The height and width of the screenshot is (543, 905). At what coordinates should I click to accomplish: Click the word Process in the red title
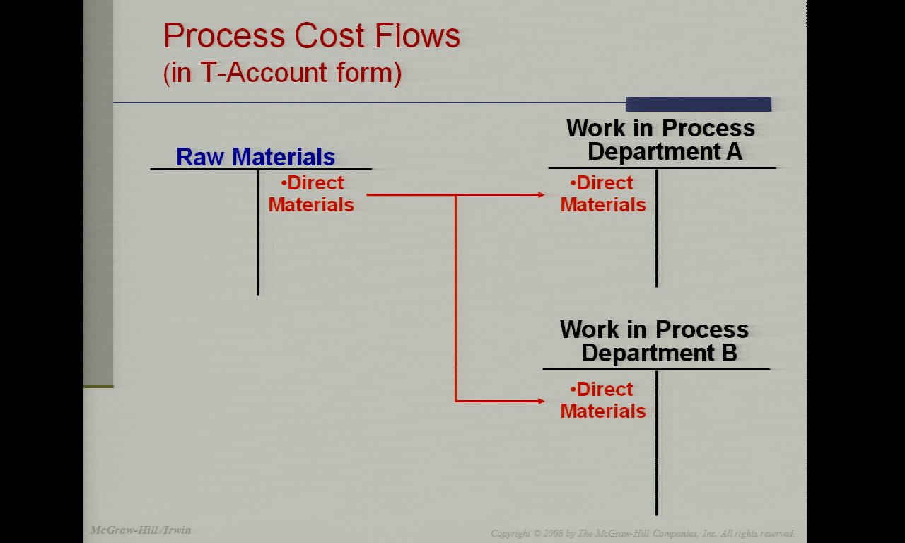click(224, 35)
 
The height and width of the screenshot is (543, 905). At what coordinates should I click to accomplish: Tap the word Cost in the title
click(329, 35)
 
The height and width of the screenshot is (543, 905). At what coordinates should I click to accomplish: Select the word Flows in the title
click(417, 35)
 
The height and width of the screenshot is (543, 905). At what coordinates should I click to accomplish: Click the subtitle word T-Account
click(263, 72)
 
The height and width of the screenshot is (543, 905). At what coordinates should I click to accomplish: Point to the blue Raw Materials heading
click(255, 157)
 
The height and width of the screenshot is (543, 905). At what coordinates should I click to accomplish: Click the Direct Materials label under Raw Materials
click(311, 194)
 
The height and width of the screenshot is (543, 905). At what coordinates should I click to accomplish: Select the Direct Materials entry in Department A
click(603, 194)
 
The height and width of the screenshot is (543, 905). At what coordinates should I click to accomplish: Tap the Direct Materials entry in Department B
click(603, 400)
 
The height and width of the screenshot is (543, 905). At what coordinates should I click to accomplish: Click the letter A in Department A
click(734, 151)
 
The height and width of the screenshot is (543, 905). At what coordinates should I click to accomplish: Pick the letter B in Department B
click(729, 353)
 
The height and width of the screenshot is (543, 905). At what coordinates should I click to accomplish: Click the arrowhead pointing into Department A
click(542, 194)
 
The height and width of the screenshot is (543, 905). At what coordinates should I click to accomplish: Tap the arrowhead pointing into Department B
click(542, 401)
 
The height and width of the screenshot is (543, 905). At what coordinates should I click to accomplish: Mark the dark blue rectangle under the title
click(698, 104)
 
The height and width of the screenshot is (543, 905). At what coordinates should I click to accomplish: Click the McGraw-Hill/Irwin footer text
click(141, 530)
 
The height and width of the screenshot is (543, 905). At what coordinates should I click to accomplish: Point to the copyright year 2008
click(553, 533)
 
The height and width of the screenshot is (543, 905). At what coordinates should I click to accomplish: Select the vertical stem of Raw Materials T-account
click(258, 233)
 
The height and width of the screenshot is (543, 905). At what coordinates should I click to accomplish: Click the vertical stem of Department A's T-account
click(657, 228)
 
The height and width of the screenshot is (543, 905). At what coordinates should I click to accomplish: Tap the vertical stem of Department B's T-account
click(657, 443)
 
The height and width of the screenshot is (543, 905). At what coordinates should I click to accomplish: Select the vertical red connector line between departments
click(456, 298)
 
